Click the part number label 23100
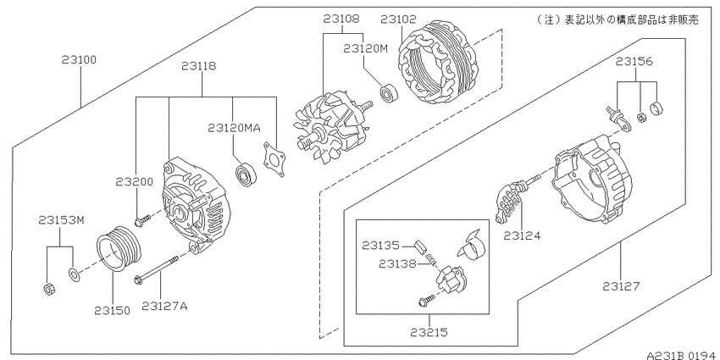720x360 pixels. [80, 60]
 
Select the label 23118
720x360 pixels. [198, 66]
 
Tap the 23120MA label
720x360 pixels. [234, 128]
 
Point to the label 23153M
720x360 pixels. [62, 220]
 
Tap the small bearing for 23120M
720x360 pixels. [389, 91]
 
